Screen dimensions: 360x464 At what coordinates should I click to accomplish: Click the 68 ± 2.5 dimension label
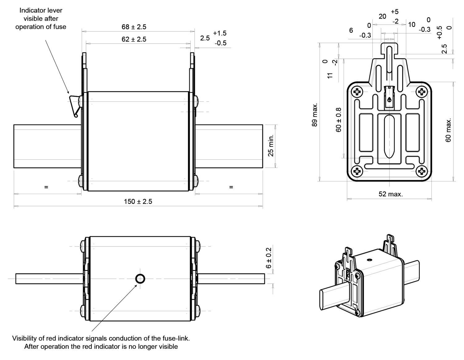pyautogui.click(x=134, y=27)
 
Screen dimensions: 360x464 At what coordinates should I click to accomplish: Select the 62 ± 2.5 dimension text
pyautogui.click(x=134, y=39)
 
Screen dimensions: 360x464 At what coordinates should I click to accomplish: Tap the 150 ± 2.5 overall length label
pyautogui.click(x=138, y=201)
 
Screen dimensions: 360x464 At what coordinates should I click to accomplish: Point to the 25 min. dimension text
pyautogui.click(x=271, y=146)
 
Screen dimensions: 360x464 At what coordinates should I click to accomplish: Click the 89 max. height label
pyautogui.click(x=315, y=115)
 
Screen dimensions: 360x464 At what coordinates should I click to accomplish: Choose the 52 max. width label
pyautogui.click(x=391, y=194)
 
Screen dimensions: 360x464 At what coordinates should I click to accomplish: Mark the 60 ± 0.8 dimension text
pyautogui.click(x=338, y=120)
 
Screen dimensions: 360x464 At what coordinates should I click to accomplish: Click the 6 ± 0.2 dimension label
pyautogui.click(x=269, y=258)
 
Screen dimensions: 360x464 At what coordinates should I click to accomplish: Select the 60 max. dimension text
pyautogui.click(x=448, y=130)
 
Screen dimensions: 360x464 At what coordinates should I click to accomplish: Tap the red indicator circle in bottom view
pyautogui.click(x=140, y=279)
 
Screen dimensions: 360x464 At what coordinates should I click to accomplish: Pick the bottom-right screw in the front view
pyautogui.click(x=422, y=171)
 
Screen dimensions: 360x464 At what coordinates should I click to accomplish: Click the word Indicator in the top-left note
pyautogui.click(x=31, y=10)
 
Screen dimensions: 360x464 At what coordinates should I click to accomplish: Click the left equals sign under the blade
pyautogui.click(x=46, y=187)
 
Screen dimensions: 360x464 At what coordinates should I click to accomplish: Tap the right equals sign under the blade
pyautogui.click(x=231, y=187)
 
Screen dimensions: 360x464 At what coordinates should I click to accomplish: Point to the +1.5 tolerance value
pyautogui.click(x=220, y=33)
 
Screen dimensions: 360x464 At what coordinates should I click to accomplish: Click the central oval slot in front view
pyautogui.click(x=389, y=136)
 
